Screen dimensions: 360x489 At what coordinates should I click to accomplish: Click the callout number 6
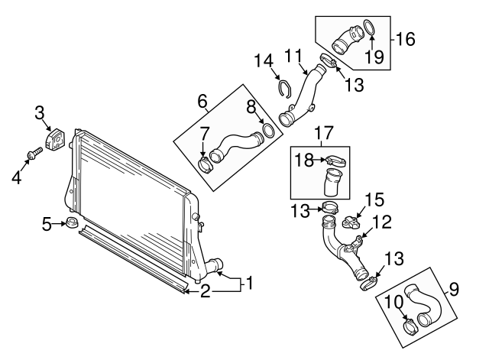[202, 100]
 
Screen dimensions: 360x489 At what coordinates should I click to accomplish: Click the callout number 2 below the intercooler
[204, 290]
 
